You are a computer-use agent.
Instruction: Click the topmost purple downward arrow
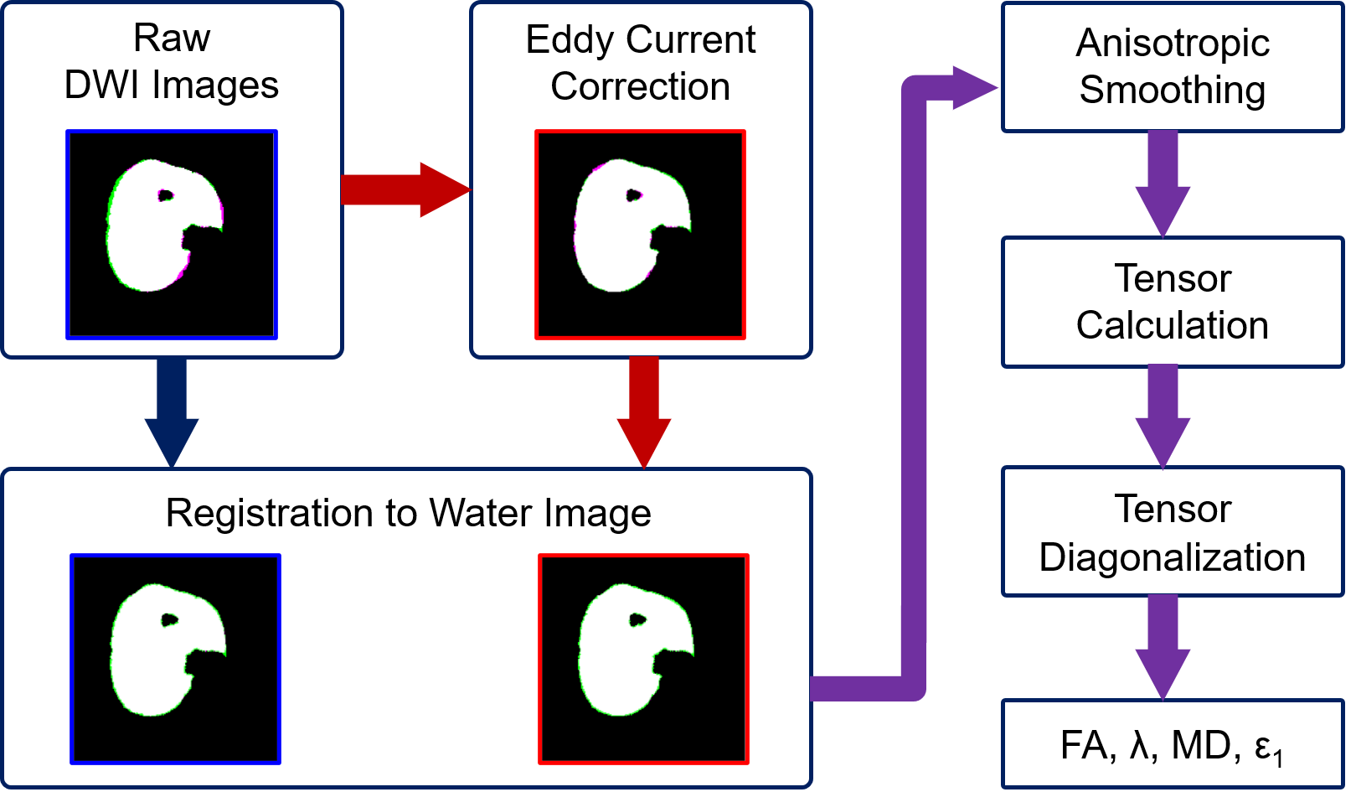(x=1163, y=184)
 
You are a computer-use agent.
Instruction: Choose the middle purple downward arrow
(x=1163, y=417)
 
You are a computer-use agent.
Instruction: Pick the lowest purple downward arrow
(x=1163, y=647)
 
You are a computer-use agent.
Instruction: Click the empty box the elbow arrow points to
(x=1173, y=67)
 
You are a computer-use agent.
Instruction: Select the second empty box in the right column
(x=1173, y=302)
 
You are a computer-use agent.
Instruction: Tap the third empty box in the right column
(x=1173, y=531)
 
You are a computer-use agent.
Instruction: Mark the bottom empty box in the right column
(x=1173, y=743)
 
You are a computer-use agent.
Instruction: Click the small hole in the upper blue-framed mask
(x=166, y=196)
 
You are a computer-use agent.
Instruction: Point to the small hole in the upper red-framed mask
(x=634, y=196)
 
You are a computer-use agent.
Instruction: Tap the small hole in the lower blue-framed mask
(x=170, y=620)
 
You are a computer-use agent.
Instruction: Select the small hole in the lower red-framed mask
(x=637, y=620)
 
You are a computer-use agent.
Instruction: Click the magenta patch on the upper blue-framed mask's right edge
(x=219, y=210)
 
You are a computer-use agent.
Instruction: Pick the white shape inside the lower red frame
(x=620, y=662)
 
